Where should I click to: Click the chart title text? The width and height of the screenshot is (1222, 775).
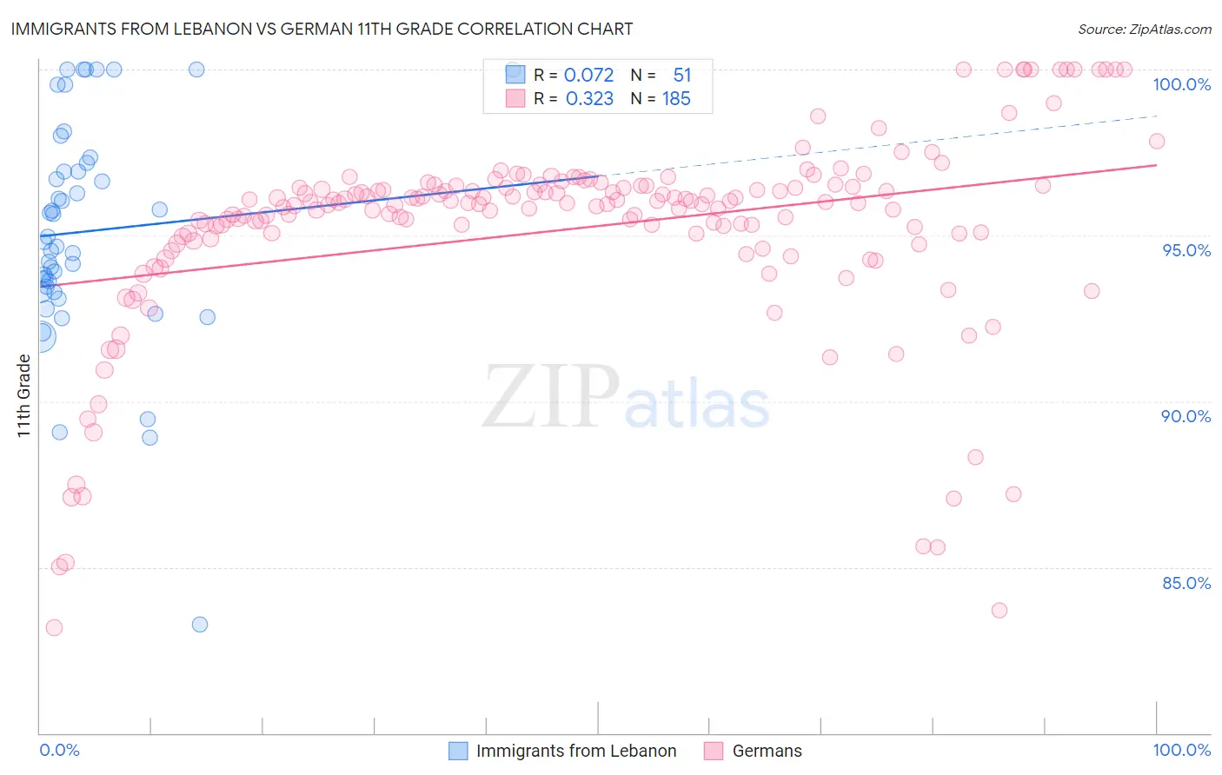click(x=321, y=29)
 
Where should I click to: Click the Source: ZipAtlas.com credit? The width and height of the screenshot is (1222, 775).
click(x=1144, y=29)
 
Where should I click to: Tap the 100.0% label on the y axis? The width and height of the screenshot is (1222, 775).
click(x=1181, y=84)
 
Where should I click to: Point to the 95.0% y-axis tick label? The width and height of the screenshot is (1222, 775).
click(x=1186, y=250)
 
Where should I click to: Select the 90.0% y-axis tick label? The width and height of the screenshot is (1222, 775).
click(x=1185, y=416)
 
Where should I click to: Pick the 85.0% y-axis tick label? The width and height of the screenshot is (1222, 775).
click(x=1186, y=583)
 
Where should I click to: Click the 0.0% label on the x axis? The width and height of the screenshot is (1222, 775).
click(x=59, y=750)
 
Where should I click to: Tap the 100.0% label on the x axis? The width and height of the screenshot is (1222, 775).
click(x=1181, y=750)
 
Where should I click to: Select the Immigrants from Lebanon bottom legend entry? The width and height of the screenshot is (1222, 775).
click(x=575, y=751)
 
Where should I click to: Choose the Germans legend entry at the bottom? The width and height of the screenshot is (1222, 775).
click(x=767, y=751)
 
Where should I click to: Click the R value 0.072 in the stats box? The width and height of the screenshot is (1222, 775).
click(x=588, y=75)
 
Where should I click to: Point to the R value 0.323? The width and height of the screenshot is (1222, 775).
click(x=589, y=99)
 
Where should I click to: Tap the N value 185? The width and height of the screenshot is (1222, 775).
click(x=676, y=99)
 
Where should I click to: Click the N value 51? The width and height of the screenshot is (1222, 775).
click(x=682, y=75)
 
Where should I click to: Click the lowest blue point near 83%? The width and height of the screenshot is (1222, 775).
click(x=200, y=624)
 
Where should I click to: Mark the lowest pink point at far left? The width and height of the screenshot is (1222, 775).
click(x=54, y=627)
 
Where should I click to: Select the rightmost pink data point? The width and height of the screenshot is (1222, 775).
click(x=1157, y=141)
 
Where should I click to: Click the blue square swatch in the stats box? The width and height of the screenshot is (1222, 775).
click(x=515, y=74)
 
